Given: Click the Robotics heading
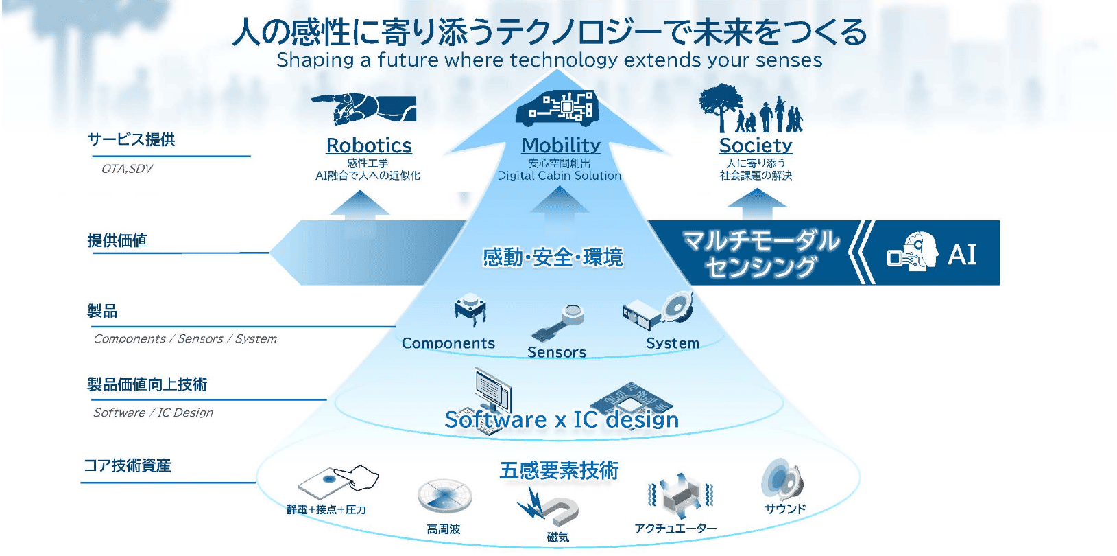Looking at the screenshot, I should click(x=369, y=146).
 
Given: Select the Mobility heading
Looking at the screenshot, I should click(x=560, y=146).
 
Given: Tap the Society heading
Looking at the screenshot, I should click(x=755, y=146).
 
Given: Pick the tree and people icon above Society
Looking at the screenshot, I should click(x=750, y=108).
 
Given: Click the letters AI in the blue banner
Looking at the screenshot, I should click(x=962, y=255).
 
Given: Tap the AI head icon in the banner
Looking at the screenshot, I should click(x=913, y=252).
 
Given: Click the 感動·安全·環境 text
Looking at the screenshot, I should click(x=553, y=257).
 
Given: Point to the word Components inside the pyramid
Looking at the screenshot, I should click(x=448, y=343).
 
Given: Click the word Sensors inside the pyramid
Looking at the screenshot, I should click(x=556, y=352).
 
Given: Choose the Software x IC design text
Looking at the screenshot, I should click(x=562, y=419).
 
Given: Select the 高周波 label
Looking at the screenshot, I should click(x=443, y=529).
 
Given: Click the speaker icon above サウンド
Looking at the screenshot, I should click(x=782, y=480).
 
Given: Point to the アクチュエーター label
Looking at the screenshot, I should click(x=675, y=528).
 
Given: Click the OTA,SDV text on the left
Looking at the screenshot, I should click(x=127, y=169).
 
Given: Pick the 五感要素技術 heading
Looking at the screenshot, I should click(x=559, y=471).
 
